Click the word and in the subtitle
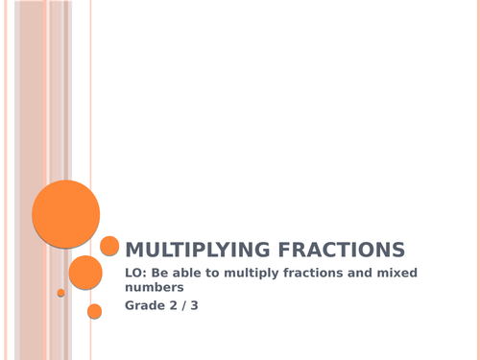[394, 275]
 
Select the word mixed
[437, 275]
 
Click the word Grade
[146, 306]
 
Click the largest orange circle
[65, 213]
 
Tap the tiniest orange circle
[60, 293]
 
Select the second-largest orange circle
[85, 273]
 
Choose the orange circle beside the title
[109, 247]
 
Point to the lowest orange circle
[94, 311]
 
